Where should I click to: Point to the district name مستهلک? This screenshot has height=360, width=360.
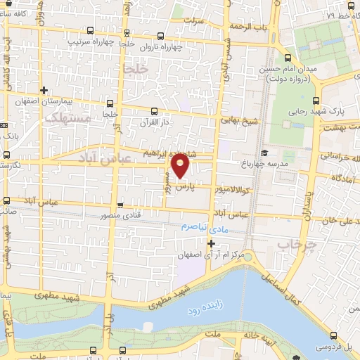point(67,120)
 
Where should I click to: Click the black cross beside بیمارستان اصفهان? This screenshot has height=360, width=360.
point(45,90)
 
